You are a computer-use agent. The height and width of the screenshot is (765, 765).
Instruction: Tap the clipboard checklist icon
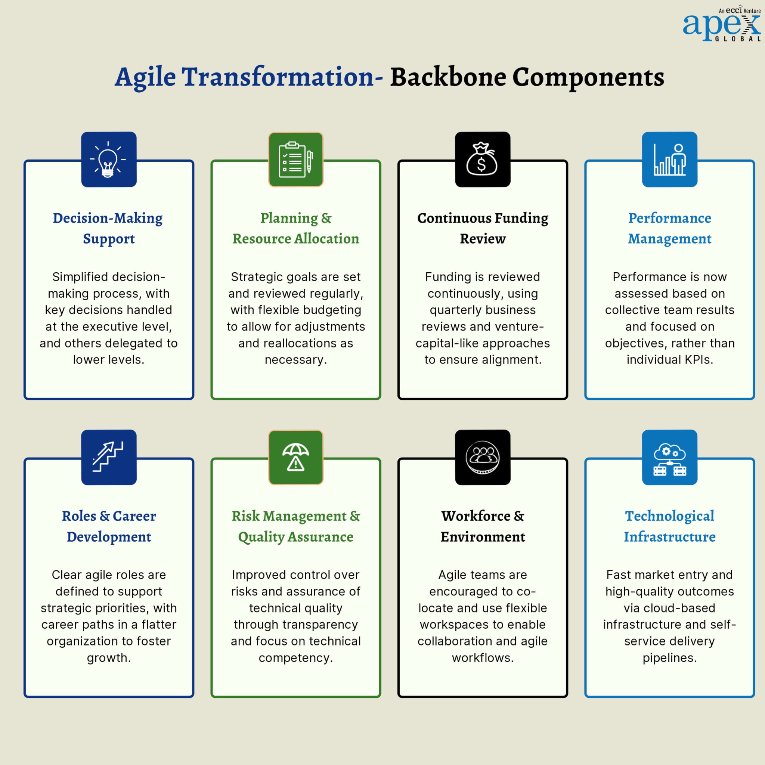[295, 159]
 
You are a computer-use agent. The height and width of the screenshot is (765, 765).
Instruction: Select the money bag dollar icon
[482, 159]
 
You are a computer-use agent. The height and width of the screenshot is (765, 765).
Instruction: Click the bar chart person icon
[669, 159]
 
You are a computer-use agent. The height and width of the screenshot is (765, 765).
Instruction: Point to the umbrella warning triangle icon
[295, 457]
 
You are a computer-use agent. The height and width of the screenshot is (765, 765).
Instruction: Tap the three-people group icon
[482, 457]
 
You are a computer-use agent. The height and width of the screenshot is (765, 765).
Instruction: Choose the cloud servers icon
[669, 457]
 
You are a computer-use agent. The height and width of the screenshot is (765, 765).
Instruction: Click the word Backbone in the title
[448, 77]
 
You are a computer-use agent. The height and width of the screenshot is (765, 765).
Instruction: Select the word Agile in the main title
[145, 77]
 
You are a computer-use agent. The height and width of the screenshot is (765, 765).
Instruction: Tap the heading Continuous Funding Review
[482, 229]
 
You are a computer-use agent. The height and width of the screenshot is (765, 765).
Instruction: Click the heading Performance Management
[669, 229]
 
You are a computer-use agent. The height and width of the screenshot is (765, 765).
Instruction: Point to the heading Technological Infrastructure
[669, 526]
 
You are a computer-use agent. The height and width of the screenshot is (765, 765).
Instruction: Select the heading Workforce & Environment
[482, 526]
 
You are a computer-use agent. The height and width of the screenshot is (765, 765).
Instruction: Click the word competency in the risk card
[295, 658]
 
